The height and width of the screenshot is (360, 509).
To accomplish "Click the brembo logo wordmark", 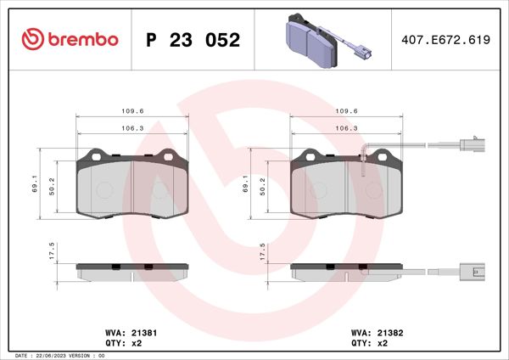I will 82,39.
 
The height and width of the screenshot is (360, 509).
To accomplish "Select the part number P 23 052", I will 193,40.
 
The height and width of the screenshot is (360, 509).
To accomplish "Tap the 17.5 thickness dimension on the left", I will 52,250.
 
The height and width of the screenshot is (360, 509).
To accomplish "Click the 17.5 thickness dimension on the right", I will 262,250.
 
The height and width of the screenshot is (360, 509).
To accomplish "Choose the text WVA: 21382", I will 376,334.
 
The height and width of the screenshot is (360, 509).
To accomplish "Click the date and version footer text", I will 60,356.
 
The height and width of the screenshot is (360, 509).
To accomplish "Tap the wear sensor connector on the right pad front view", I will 470,146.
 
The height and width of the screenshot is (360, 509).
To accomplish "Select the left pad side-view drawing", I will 131,272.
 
